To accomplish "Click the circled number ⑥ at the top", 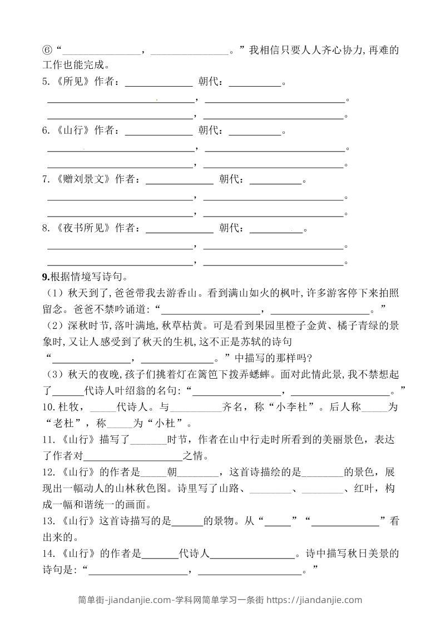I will coord(47,51).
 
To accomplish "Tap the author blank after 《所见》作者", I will coord(158,83).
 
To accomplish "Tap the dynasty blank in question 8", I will coord(276,229).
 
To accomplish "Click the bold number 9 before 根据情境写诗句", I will coord(44,277).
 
